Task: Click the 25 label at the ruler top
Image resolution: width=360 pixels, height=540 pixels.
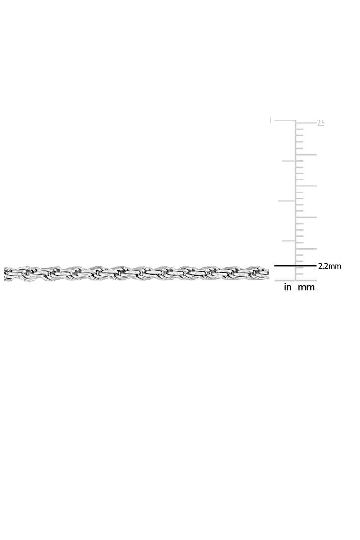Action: tap(321, 123)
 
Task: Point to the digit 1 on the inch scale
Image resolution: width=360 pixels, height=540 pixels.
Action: tap(270, 120)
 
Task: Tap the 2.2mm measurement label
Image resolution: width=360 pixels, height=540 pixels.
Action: tap(330, 266)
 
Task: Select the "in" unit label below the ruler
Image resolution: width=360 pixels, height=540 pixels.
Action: tap(288, 287)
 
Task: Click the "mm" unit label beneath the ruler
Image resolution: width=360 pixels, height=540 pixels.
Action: tap(306, 288)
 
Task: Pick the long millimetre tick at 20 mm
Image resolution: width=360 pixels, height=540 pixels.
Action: tap(306, 154)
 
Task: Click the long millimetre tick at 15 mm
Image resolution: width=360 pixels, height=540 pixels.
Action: tap(306, 186)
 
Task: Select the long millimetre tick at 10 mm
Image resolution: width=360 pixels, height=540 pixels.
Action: tap(306, 217)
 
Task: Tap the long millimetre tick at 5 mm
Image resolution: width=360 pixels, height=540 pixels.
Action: tap(306, 249)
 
